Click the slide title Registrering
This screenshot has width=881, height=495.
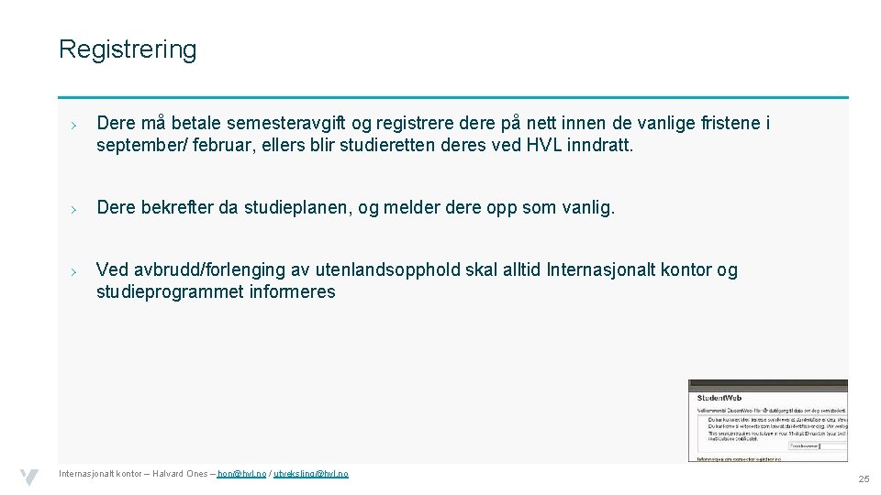click(x=128, y=49)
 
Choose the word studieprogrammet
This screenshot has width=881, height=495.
click(x=170, y=292)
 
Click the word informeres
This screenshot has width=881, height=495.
click(x=293, y=292)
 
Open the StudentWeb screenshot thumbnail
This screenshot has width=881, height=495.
click(x=767, y=420)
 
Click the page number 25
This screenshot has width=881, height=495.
click(x=863, y=478)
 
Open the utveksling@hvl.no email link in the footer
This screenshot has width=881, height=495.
click(x=311, y=474)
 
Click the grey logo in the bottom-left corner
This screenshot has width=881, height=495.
click(x=29, y=477)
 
